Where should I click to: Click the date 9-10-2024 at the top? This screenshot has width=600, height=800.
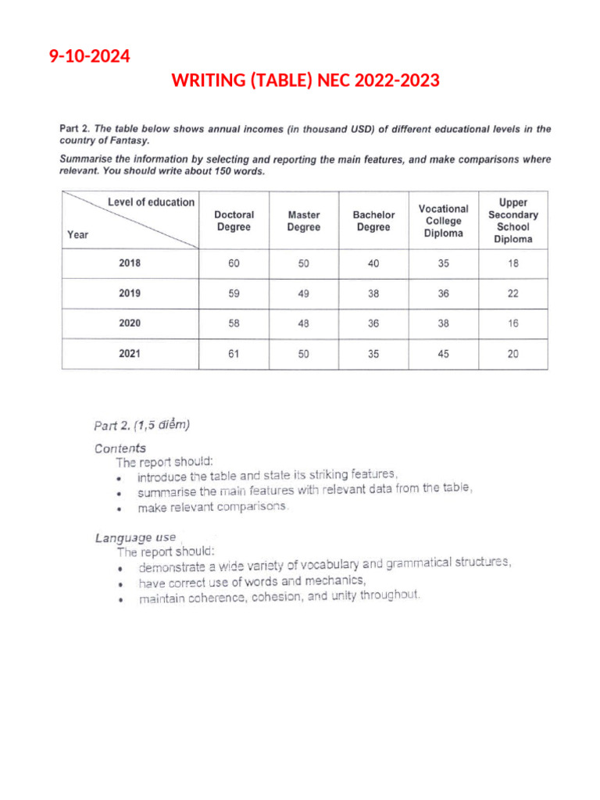pyautogui.click(x=89, y=56)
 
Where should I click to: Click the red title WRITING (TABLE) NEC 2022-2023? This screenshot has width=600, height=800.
pyautogui.click(x=305, y=80)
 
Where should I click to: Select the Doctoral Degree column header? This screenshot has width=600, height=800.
pyautogui.click(x=234, y=220)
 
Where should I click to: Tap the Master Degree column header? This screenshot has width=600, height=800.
pyautogui.click(x=303, y=220)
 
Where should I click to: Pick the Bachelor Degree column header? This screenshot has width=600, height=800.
pyautogui.click(x=373, y=220)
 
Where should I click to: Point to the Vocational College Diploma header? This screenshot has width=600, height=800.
pyautogui.click(x=443, y=220)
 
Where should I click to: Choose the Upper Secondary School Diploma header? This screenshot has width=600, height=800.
pyautogui.click(x=512, y=220)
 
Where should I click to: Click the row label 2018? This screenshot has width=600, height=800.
pyautogui.click(x=130, y=264)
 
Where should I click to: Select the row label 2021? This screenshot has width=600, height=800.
pyautogui.click(x=130, y=354)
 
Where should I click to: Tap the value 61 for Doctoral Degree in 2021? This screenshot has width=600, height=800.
pyautogui.click(x=234, y=354)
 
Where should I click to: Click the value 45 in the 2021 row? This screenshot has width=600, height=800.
pyautogui.click(x=443, y=354)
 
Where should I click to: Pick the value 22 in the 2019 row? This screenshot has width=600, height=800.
pyautogui.click(x=512, y=294)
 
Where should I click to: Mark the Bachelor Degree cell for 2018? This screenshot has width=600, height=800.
pyautogui.click(x=373, y=264)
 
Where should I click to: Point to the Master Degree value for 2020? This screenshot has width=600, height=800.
pyautogui.click(x=303, y=323)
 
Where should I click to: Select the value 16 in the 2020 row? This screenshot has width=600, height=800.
pyautogui.click(x=512, y=323)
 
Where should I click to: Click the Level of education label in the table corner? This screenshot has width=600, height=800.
pyautogui.click(x=151, y=202)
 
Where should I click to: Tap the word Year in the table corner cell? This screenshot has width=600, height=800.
pyautogui.click(x=78, y=234)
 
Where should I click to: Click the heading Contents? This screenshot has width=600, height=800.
pyautogui.click(x=120, y=448)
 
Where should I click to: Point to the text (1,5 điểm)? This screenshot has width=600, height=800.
pyautogui.click(x=162, y=426)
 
